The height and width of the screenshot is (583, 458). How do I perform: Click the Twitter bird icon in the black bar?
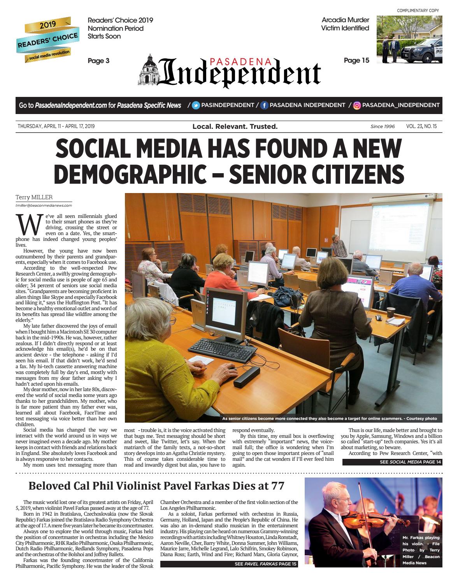(196, 105)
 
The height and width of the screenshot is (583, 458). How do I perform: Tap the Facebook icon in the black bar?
(264, 105)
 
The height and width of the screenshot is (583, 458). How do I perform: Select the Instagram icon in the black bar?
(357, 105)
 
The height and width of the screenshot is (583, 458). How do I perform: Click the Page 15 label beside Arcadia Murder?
(356, 60)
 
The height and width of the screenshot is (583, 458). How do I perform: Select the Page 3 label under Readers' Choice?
(98, 61)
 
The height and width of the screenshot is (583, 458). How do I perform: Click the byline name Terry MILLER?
(34, 197)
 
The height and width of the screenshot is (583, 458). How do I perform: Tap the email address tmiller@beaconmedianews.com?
(44, 205)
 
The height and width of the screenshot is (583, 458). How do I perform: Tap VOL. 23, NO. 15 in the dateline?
(421, 126)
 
